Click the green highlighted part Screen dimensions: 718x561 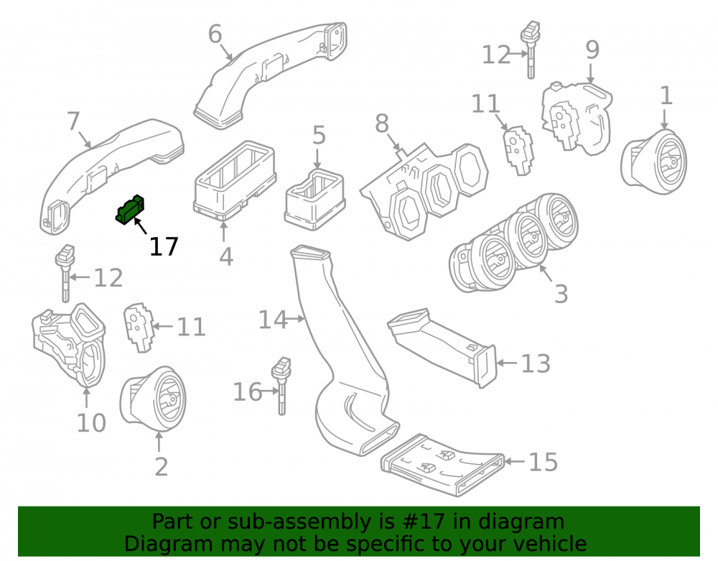(129, 210)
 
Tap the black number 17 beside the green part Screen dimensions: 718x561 (164, 247)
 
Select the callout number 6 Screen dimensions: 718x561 (215, 34)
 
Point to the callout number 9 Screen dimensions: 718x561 (592, 50)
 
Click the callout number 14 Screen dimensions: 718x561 (273, 320)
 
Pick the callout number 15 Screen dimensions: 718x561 (544, 462)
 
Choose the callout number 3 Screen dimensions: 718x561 (561, 294)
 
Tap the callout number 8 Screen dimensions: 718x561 (382, 124)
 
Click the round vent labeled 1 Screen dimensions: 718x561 (653, 161)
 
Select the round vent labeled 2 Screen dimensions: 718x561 (153, 399)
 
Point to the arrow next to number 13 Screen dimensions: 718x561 (507, 363)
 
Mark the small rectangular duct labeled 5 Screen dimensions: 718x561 (315, 199)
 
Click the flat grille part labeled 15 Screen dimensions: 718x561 (442, 464)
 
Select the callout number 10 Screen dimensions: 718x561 (91, 422)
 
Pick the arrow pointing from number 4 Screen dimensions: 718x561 (223, 231)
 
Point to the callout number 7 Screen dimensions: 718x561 (73, 122)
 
